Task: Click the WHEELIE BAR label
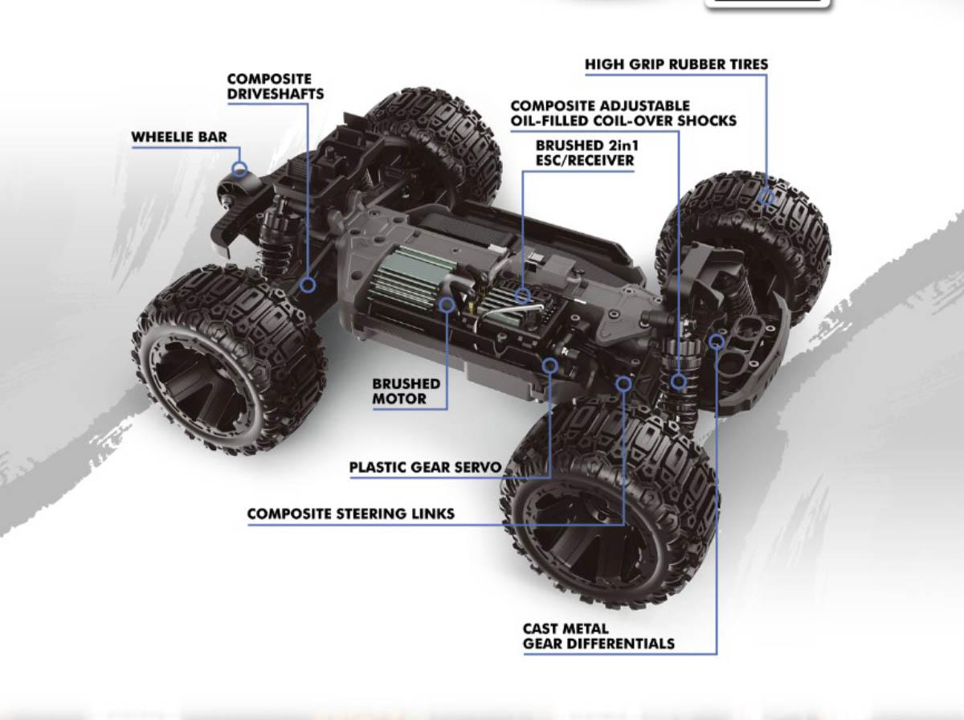pos(178,137)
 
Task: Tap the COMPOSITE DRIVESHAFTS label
pos(276,87)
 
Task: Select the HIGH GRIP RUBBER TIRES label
pos(676,64)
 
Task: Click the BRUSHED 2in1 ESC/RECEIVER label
pos(585,153)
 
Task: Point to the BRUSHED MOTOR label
pos(406,391)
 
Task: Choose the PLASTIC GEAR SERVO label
pos(425,468)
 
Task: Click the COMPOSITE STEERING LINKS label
pos(350,513)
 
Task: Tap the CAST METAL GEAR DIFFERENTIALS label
pos(598,636)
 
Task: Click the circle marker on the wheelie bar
pos(239,170)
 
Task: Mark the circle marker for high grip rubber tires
pos(767,197)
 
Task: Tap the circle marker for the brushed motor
pos(447,305)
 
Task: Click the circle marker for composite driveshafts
pos(308,284)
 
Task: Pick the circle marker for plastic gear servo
pos(550,366)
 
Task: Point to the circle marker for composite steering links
pos(623,383)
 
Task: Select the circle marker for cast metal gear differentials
pos(717,342)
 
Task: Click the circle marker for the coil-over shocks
pos(680,381)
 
